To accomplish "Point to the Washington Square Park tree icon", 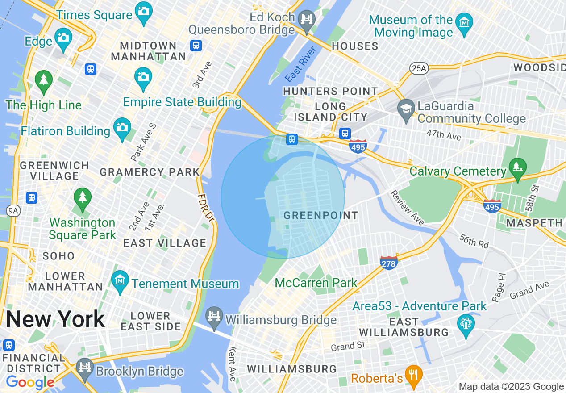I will (82, 197).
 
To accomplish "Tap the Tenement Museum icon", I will (120, 280).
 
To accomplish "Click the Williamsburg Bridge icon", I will (214, 316).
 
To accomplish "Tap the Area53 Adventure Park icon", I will (466, 323).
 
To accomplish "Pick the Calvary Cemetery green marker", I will (518, 167).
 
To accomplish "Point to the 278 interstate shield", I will (388, 263).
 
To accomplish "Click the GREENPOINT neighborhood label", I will (321, 215).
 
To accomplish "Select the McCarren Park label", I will (316, 283).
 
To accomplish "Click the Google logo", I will (30, 382).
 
